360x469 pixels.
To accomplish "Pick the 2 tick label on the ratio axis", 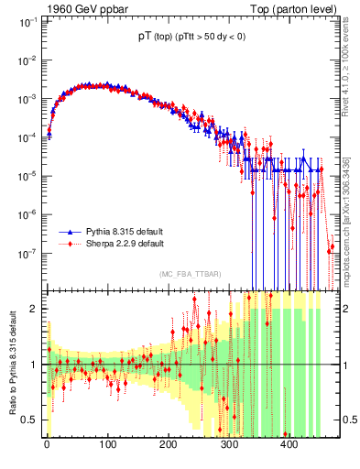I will tap(35, 308).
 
